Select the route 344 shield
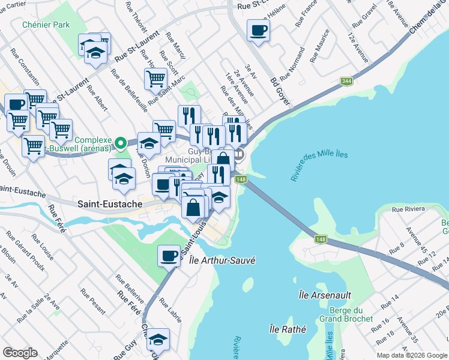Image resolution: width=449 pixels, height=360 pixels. tap(346, 81)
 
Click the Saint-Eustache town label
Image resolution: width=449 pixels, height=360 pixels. tap(110, 204)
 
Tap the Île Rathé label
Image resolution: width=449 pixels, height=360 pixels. tap(288, 329)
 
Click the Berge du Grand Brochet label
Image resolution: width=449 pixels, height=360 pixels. tap(346, 314)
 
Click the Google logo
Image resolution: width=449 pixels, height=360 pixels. tap(20, 353)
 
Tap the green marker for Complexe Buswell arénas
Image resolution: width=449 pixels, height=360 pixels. tap(120, 143)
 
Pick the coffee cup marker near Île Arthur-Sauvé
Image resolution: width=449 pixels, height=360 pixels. tap(168, 256)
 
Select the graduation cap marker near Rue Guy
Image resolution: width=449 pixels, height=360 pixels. tap(158, 340)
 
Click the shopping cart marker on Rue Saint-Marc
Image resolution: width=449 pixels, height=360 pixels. tap(155, 78)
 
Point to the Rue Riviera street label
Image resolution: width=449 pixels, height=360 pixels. tap(408, 209)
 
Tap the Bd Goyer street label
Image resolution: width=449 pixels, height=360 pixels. tap(280, 91)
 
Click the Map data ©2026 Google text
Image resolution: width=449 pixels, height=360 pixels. tap(412, 355)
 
